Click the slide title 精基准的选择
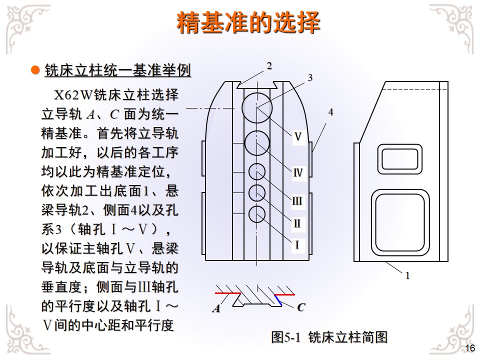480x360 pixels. [x=248, y=23]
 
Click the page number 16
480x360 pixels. [x=469, y=348]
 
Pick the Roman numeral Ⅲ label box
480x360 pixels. [x=297, y=201]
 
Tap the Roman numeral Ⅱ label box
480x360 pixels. [x=297, y=223]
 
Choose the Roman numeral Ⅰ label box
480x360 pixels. [x=297, y=245]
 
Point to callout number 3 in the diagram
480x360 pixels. [x=310, y=78]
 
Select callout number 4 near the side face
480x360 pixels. [x=330, y=112]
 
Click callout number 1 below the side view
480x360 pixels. [x=407, y=275]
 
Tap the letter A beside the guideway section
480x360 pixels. [x=216, y=308]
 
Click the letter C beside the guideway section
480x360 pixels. [x=300, y=307]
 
